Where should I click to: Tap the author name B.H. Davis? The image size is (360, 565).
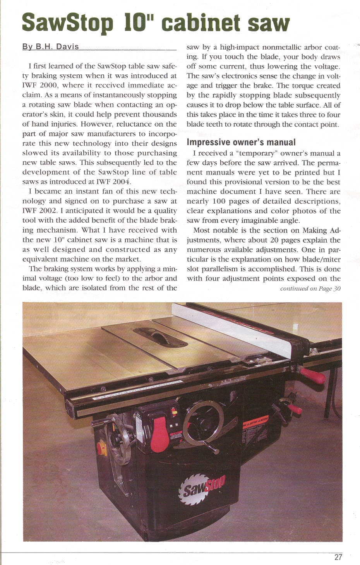tap(51, 47)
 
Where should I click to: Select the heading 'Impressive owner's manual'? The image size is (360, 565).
tap(241, 142)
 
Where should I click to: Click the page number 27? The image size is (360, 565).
tap(338, 557)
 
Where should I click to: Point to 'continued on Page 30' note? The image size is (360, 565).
tap(310, 289)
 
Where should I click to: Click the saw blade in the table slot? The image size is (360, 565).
tap(159, 334)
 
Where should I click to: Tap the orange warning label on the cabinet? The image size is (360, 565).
tap(255, 420)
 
